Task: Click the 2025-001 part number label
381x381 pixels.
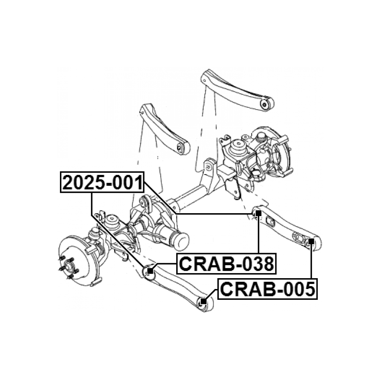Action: (102, 182)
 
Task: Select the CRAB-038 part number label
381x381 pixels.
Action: (227, 264)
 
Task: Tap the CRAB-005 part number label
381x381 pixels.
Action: (267, 289)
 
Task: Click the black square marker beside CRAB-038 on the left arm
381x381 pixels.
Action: (150, 270)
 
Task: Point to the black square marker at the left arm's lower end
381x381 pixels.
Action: (204, 301)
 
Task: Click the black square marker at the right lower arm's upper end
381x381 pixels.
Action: (258, 213)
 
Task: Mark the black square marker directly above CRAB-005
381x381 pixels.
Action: (311, 241)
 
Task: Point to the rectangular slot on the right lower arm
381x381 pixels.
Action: (270, 222)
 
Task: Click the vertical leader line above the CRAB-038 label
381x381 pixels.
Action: (258, 234)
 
